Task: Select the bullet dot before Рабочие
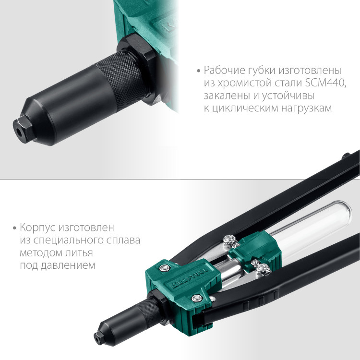[199, 70]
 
